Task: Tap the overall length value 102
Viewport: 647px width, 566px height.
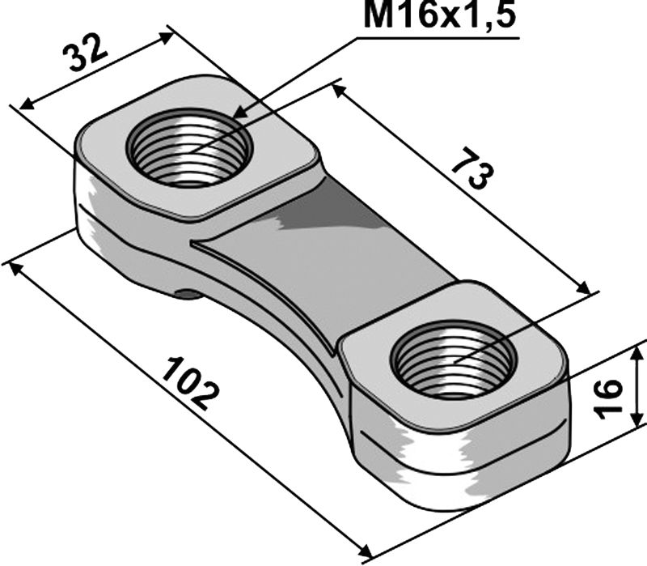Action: pos(189,381)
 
